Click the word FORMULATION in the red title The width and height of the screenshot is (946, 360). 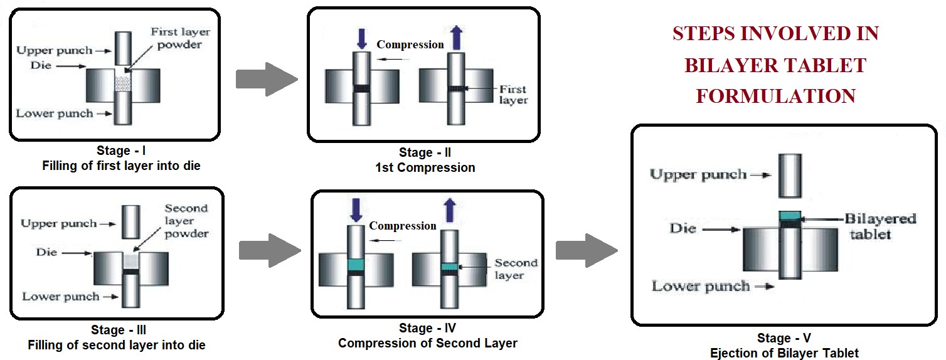click(776, 96)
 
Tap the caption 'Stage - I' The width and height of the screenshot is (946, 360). click(120, 151)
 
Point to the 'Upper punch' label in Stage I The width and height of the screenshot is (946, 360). click(55, 50)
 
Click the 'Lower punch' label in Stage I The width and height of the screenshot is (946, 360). click(55, 114)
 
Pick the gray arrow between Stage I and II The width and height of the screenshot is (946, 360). click(266, 80)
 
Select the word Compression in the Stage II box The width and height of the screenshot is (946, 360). click(410, 45)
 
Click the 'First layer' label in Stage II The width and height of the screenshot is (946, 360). click(514, 95)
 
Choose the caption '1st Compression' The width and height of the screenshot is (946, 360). click(425, 167)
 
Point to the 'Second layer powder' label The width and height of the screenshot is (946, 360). click(186, 221)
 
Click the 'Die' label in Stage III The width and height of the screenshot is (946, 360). click(47, 252)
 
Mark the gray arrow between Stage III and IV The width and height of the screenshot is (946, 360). click(270, 250)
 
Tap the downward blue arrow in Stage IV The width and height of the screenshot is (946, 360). click(356, 209)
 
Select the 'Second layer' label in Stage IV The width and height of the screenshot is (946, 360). click(516, 268)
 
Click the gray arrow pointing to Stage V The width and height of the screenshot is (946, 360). click(587, 250)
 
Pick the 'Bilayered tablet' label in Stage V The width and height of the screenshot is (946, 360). click(880, 226)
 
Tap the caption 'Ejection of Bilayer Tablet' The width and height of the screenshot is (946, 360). click(784, 353)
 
